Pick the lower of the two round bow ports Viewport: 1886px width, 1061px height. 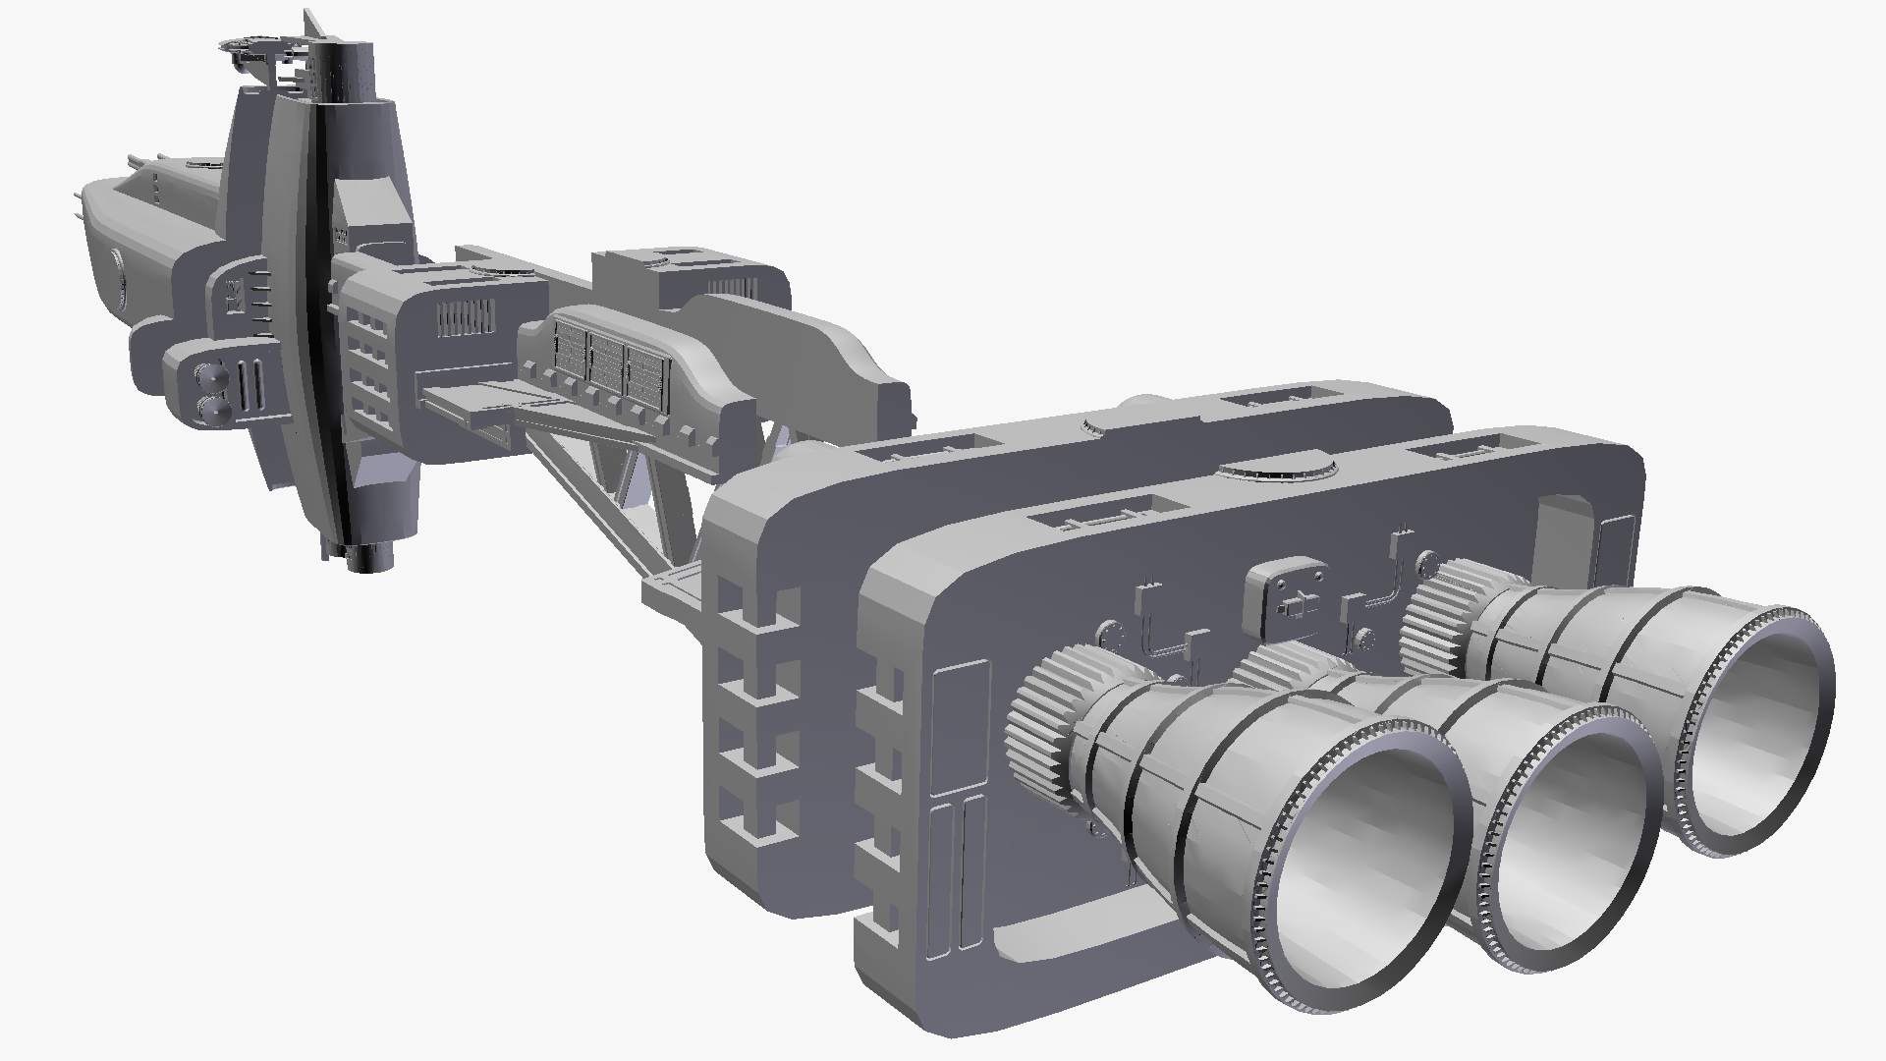(x=209, y=409)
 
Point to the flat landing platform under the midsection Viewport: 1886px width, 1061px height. (x=471, y=403)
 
